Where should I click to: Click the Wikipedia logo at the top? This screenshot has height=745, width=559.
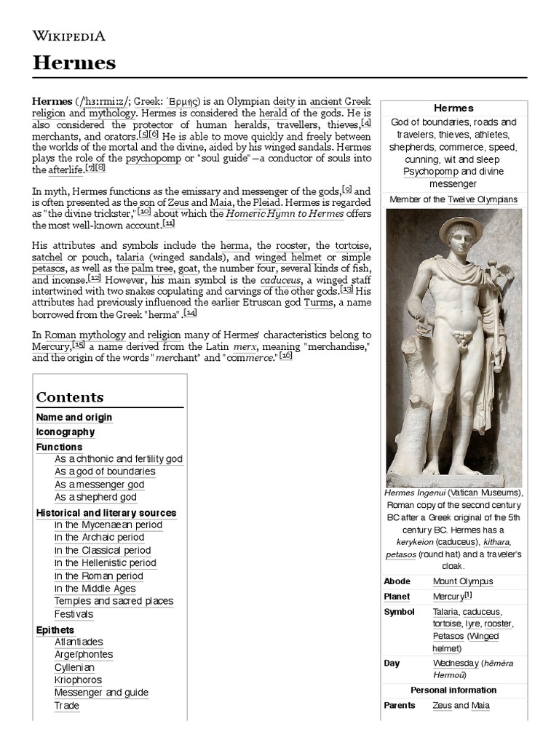coord(69,36)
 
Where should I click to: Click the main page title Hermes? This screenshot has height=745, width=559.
coord(74,63)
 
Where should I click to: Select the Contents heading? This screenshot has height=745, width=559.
coord(70,397)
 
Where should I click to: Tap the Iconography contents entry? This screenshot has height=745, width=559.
coord(66,432)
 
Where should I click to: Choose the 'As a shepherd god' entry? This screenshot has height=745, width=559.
coord(95,497)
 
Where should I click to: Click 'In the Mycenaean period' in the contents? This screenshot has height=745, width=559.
coord(108,525)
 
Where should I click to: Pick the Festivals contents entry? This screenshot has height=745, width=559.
coord(74,614)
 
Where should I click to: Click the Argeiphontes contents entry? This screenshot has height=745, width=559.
coord(84,654)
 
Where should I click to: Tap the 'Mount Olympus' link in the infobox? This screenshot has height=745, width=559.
coord(462,581)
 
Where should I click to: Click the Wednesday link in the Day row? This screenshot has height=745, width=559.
coord(456,663)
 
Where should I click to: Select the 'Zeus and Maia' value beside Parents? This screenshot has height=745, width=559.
coord(461,705)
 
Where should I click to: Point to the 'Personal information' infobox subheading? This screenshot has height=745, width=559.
coord(453,690)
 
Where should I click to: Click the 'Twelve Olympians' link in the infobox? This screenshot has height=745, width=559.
coord(482,199)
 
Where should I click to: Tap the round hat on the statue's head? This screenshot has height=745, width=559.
coord(460,226)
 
